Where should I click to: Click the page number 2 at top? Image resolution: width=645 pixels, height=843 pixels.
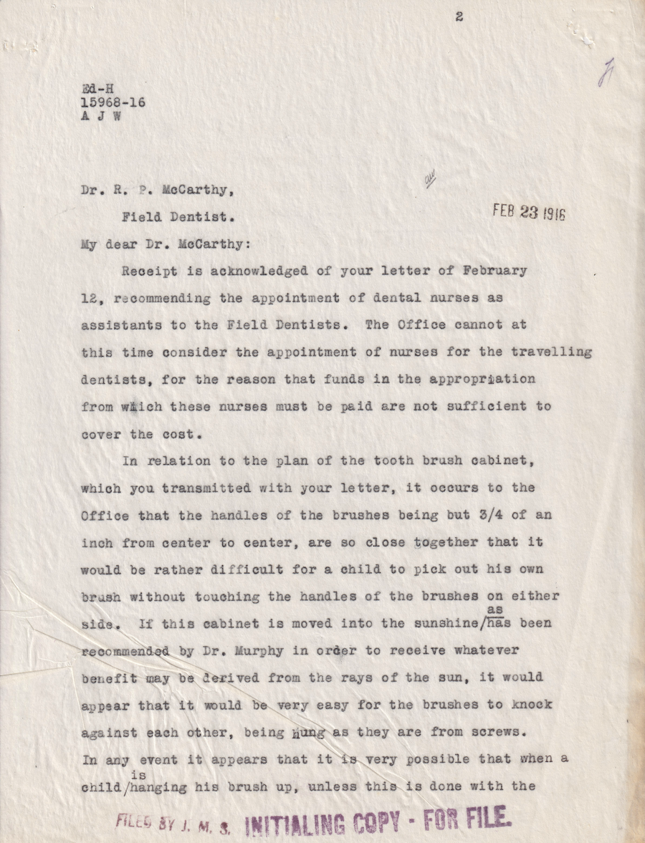point(459,18)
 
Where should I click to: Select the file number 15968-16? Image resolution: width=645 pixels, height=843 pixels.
point(113,103)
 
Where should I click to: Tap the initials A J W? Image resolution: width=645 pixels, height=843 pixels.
point(100,117)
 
